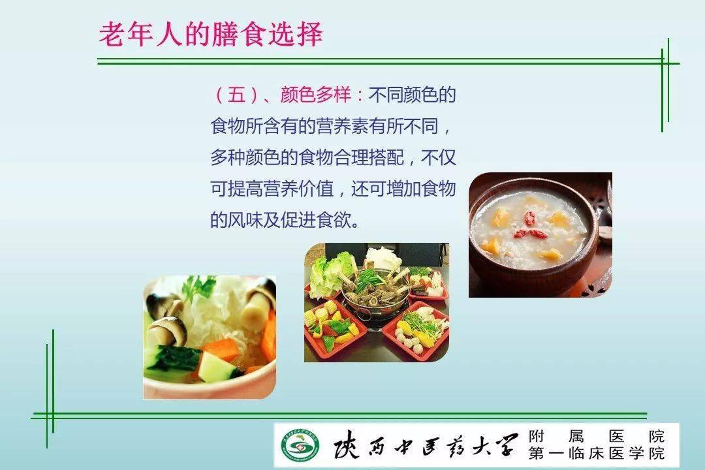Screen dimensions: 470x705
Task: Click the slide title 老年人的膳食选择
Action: (x=210, y=35)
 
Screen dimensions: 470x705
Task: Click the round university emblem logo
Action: (x=297, y=445)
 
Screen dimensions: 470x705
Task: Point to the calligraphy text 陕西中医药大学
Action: (x=424, y=445)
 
